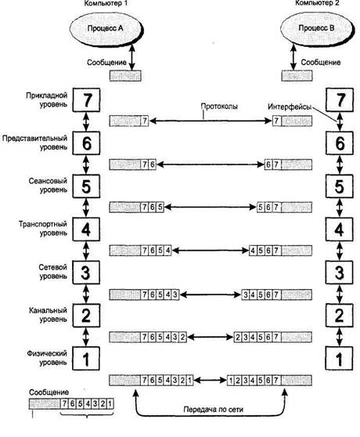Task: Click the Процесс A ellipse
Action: tap(105, 28)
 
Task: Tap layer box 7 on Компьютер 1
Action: tap(86, 100)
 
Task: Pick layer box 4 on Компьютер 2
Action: tap(340, 229)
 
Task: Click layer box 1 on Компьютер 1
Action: tap(86, 359)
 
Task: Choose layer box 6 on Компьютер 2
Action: tap(340, 143)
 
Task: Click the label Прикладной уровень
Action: tap(47, 99)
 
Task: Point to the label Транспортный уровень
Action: tap(43, 228)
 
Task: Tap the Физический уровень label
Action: tap(47, 358)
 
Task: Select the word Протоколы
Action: tap(219, 107)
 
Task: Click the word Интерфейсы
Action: tap(290, 107)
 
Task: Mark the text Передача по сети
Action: tap(214, 410)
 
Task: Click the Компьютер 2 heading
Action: tap(317, 3)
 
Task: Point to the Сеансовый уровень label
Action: tap(49, 186)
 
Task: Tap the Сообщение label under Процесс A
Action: tap(106, 63)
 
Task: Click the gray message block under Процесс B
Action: tap(297, 76)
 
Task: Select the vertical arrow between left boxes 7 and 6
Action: tap(86, 122)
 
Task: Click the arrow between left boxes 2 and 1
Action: tap(86, 337)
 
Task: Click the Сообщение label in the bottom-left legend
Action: tap(49, 392)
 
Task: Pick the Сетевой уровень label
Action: tap(53, 272)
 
